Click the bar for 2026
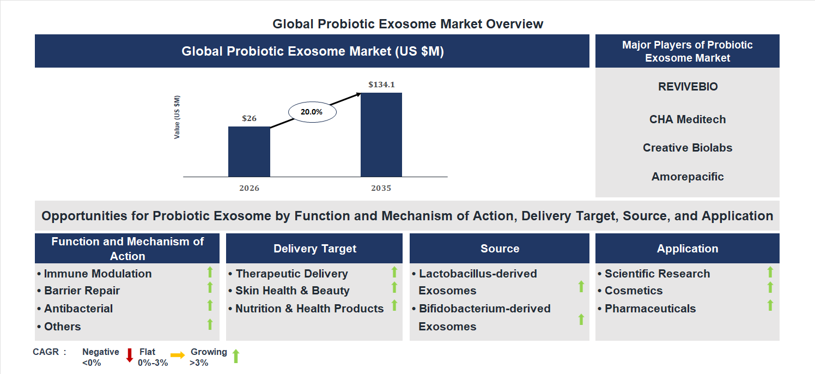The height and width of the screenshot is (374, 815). pyautogui.click(x=249, y=152)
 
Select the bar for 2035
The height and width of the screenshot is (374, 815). pyautogui.click(x=381, y=135)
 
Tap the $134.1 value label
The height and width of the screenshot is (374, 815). pyautogui.click(x=381, y=85)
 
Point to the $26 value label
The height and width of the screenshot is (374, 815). pyautogui.click(x=249, y=118)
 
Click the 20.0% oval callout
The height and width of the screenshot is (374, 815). pyautogui.click(x=312, y=112)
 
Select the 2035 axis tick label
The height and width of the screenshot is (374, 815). pyautogui.click(x=381, y=188)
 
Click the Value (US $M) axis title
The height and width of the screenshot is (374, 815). pyautogui.click(x=177, y=117)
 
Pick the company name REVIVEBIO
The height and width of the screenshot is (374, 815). pyautogui.click(x=688, y=87)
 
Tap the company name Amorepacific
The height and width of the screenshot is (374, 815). pyautogui.click(x=688, y=177)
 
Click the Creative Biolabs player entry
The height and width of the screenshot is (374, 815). pyautogui.click(x=688, y=148)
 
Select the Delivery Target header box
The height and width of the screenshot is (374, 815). pyautogui.click(x=314, y=249)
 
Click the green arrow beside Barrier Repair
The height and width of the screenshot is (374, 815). pyautogui.click(x=210, y=288)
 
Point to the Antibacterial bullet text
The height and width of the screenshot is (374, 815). pyautogui.click(x=78, y=309)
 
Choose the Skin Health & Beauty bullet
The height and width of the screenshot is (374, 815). pyautogui.click(x=292, y=291)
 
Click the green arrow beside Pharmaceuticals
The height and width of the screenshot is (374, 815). pyautogui.click(x=770, y=305)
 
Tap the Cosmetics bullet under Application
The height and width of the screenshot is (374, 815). pyautogui.click(x=633, y=291)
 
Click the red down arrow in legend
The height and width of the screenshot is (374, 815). pyautogui.click(x=130, y=355)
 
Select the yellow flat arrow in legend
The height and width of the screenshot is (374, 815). pyautogui.click(x=178, y=355)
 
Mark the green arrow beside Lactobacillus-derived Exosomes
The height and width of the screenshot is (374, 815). pyautogui.click(x=581, y=286)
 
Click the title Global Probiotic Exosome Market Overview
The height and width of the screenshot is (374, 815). pyautogui.click(x=407, y=24)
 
